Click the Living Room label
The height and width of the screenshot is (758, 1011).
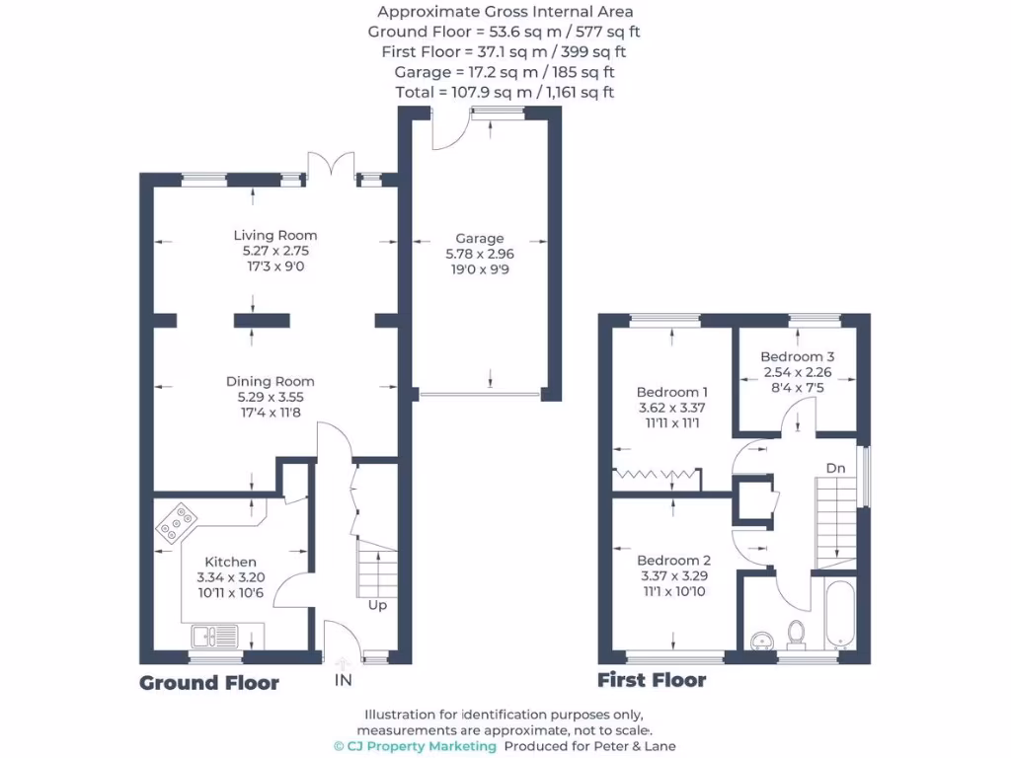tap(275, 235)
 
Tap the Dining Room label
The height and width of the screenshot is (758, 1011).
tap(270, 381)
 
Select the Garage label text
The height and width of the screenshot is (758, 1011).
tap(480, 238)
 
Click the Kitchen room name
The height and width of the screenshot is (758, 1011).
tap(231, 562)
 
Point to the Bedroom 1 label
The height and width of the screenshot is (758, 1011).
tap(671, 391)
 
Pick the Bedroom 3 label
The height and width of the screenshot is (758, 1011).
tap(798, 356)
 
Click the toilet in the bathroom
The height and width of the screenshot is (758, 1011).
tap(798, 632)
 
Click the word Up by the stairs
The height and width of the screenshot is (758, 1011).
tap(377, 605)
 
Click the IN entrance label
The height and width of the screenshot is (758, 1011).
tap(343, 681)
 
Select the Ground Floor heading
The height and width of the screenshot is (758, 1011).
tap(209, 683)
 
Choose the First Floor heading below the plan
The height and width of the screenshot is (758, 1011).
tap(652, 680)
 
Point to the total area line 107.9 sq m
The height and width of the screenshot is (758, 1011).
tap(505, 92)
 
